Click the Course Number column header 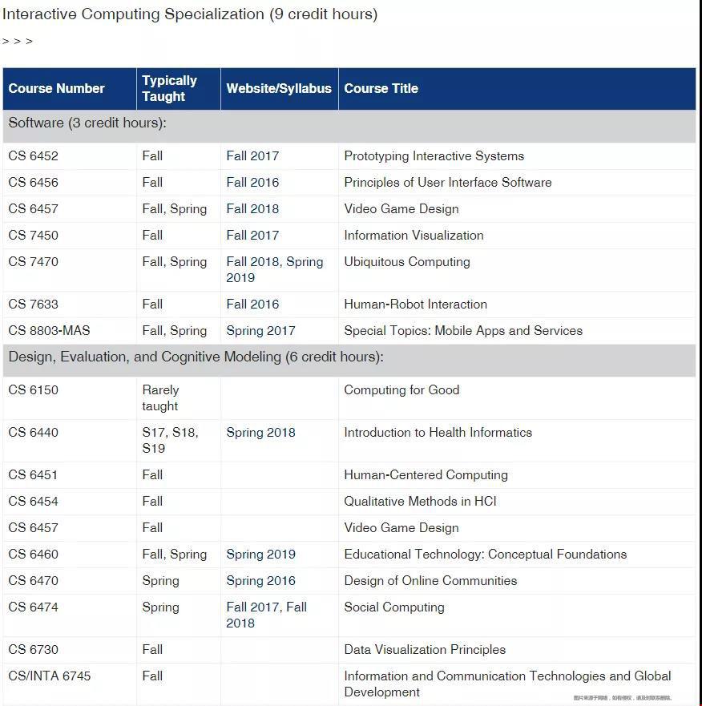pyautogui.click(x=57, y=89)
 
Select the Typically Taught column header pyautogui.click(x=169, y=89)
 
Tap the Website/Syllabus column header pyautogui.click(x=279, y=89)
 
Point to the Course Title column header pyautogui.click(x=381, y=89)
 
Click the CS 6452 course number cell pyautogui.click(x=34, y=156)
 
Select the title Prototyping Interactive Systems pyautogui.click(x=434, y=156)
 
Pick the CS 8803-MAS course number pyautogui.click(x=49, y=331)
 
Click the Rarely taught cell pyautogui.click(x=160, y=398)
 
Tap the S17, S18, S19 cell pyautogui.click(x=170, y=441)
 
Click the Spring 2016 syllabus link pyautogui.click(x=260, y=581)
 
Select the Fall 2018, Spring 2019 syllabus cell pyautogui.click(x=274, y=270)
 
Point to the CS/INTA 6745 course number pyautogui.click(x=50, y=676)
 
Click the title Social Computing pyautogui.click(x=394, y=607)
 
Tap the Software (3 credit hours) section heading pyautogui.click(x=87, y=123)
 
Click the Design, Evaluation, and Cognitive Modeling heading pyautogui.click(x=196, y=357)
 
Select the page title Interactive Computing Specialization pyautogui.click(x=190, y=14)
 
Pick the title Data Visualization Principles pyautogui.click(x=425, y=650)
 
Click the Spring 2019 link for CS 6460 pyautogui.click(x=260, y=555)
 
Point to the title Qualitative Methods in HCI pyautogui.click(x=420, y=502)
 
